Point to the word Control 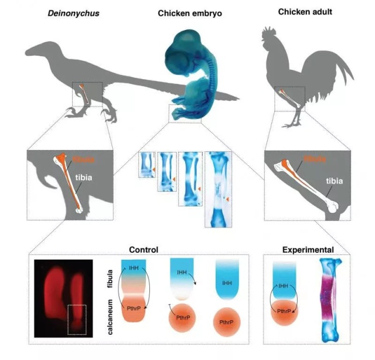(142, 250)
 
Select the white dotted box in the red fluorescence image (77, 319)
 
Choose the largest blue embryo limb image (218, 189)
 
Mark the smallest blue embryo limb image (146, 164)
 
